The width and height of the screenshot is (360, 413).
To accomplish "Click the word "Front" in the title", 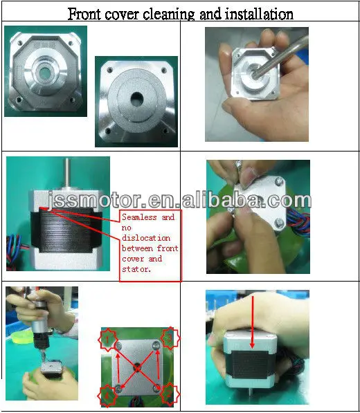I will click(86, 13).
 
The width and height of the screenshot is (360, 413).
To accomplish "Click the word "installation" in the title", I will click(255, 13).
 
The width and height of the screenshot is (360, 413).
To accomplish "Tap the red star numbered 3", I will click(108, 395).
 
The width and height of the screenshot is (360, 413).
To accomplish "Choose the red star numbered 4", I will click(170, 395).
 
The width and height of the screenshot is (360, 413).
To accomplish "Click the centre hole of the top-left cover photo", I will click(46, 73).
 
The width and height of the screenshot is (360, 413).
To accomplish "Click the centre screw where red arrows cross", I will click(137, 366).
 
